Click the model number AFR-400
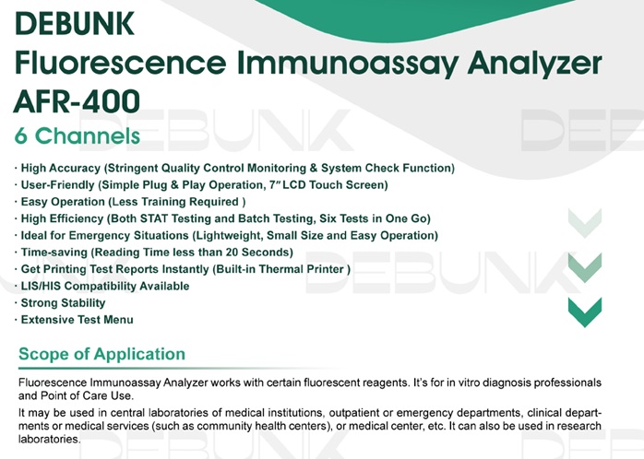(77, 100)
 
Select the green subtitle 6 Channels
(78, 136)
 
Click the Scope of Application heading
(101, 354)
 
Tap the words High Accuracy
(61, 168)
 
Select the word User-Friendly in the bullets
(58, 185)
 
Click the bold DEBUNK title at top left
(75, 23)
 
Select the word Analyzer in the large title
(535, 64)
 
